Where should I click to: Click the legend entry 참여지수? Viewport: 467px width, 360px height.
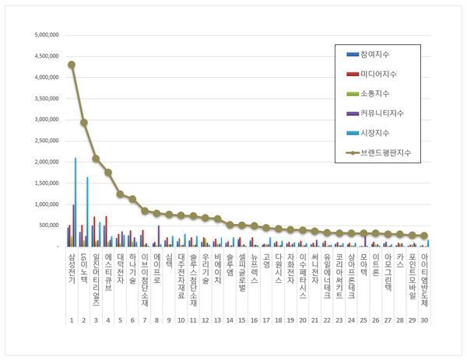(x=377, y=54)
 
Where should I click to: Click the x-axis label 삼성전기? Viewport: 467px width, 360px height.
(x=71, y=267)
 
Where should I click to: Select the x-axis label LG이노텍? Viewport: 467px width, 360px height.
(x=83, y=268)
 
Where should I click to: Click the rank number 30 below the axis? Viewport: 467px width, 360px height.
(x=423, y=320)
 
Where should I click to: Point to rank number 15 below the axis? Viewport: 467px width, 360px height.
(x=242, y=320)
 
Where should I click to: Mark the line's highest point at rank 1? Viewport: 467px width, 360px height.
(x=72, y=65)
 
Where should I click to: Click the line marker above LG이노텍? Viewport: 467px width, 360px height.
(x=83, y=122)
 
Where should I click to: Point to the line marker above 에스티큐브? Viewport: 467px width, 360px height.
(x=108, y=173)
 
